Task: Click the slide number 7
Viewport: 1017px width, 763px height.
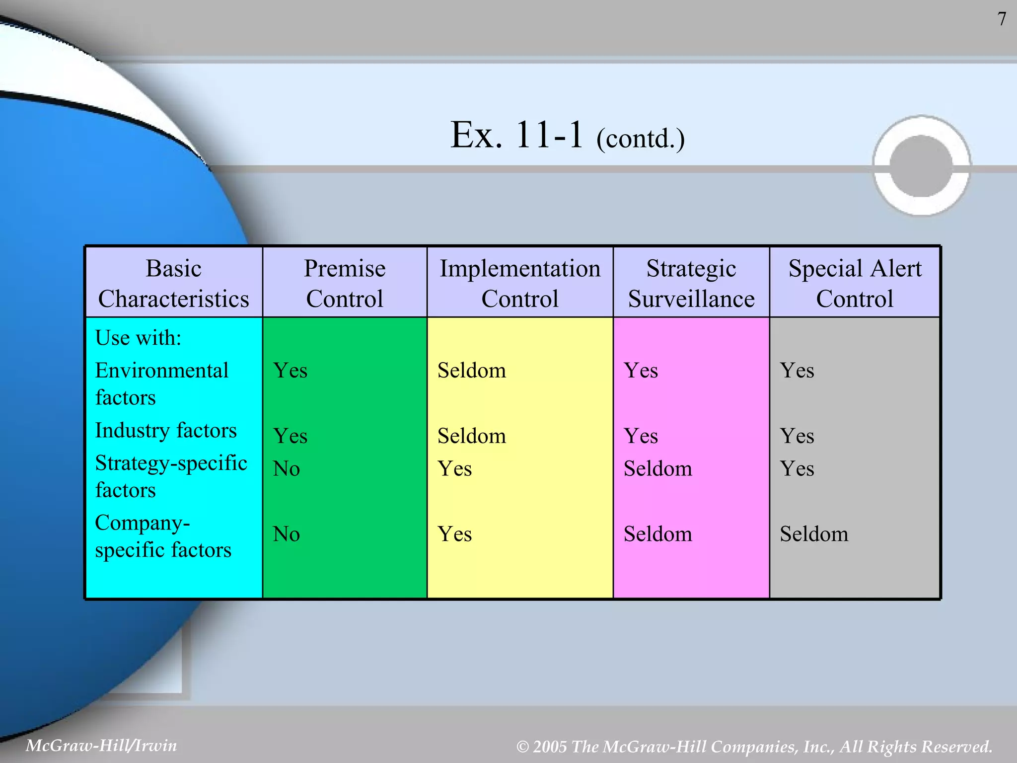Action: click(1002, 19)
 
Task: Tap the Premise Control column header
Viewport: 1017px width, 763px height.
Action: click(345, 283)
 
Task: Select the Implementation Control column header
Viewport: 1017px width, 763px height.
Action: click(520, 283)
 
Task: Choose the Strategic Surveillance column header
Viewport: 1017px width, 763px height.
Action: click(691, 283)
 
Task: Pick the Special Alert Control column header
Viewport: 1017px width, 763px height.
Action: click(855, 283)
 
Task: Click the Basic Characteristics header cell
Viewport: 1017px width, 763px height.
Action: click(173, 283)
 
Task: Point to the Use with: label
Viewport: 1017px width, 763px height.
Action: click(138, 338)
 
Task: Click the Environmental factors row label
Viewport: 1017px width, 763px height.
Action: click(161, 383)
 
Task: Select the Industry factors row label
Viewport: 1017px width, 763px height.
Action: click(165, 430)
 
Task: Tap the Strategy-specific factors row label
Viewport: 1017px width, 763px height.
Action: click(170, 476)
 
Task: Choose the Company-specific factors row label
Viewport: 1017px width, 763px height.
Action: click(163, 536)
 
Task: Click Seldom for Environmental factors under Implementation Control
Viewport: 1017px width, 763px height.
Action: click(471, 371)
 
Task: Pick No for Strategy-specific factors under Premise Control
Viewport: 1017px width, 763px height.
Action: click(287, 468)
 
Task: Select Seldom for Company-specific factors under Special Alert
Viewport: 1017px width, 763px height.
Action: click(814, 534)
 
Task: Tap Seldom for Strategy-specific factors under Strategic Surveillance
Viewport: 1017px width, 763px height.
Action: click(657, 468)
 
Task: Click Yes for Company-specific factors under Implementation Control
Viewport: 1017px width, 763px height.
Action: click(454, 534)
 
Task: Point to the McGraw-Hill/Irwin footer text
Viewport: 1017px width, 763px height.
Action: click(101, 745)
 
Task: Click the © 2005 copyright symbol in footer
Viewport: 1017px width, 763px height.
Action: click(522, 747)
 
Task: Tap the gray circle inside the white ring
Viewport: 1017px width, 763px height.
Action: click(921, 166)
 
